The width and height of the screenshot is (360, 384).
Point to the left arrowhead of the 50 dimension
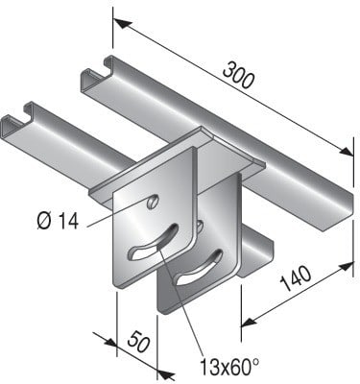pyautogui.click(x=100, y=337)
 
